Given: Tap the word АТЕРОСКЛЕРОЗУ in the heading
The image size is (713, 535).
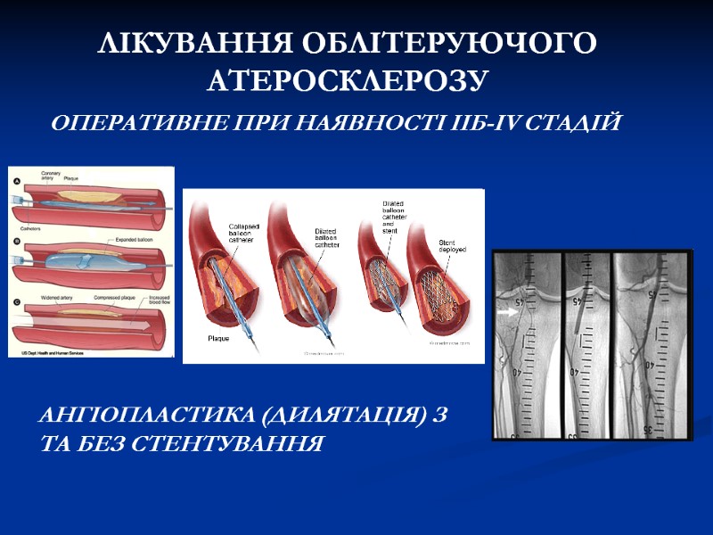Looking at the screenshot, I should tap(348, 81).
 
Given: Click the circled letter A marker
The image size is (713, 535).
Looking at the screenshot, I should tap(15, 182).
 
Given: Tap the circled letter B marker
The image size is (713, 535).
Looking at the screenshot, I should tap(15, 242).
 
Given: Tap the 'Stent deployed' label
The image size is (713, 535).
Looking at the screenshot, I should tap(453, 245).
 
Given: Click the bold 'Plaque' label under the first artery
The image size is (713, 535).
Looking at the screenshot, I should tap(219, 338).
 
